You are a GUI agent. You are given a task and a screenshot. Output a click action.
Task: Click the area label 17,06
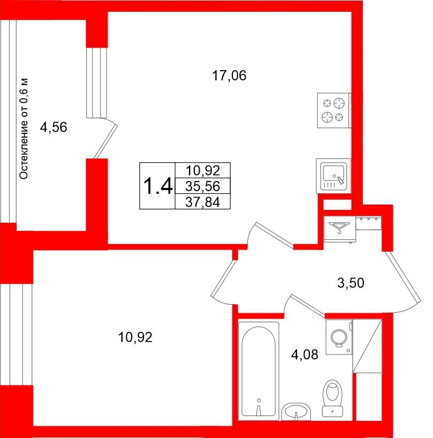(x=229, y=75)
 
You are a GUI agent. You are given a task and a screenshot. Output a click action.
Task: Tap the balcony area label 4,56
(x=54, y=127)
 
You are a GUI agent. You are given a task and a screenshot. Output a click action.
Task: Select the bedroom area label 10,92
(x=135, y=337)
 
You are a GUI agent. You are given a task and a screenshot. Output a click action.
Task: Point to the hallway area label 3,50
(x=351, y=283)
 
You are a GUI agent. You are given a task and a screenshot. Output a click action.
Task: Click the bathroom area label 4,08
(x=305, y=355)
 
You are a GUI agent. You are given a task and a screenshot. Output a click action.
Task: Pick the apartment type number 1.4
(x=158, y=186)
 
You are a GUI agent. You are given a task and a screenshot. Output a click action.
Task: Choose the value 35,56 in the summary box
(x=203, y=186)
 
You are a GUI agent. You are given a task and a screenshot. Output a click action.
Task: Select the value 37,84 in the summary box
(x=203, y=202)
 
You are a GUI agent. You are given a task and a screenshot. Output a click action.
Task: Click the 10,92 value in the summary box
(x=203, y=170)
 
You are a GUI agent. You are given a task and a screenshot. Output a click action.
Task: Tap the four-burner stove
(x=334, y=110)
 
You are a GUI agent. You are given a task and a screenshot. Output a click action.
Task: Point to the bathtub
(x=259, y=371)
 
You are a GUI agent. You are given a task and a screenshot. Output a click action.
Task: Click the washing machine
(x=339, y=337)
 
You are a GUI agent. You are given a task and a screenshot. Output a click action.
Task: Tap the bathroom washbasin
(x=296, y=412)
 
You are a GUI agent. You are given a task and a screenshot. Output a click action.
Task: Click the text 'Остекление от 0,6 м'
(x=24, y=129)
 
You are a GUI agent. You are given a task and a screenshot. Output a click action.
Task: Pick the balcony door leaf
(x=105, y=142)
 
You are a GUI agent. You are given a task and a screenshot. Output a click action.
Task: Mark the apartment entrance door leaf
(x=402, y=276)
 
